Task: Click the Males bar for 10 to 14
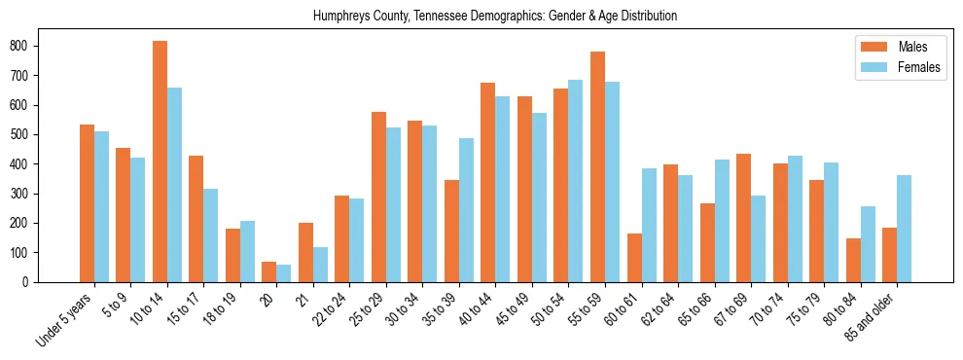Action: (160, 162)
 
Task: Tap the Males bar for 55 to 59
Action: (597, 166)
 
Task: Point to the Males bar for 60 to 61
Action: (634, 258)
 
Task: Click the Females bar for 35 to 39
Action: (466, 210)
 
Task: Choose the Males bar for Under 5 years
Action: (87, 203)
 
